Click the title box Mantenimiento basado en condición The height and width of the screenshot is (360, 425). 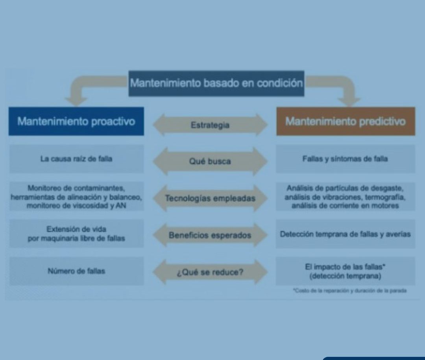click(x=216, y=83)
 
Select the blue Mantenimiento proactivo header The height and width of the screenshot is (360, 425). click(x=76, y=121)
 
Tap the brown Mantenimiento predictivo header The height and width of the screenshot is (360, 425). click(x=346, y=121)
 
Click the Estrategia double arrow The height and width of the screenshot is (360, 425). click(x=210, y=125)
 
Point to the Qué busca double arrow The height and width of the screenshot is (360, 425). click(x=210, y=161)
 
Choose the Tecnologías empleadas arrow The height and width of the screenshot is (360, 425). click(x=210, y=198)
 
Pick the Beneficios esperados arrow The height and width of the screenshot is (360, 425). click(x=210, y=235)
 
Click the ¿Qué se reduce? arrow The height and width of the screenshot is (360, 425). click(x=210, y=272)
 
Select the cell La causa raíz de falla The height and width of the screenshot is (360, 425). click(x=76, y=159)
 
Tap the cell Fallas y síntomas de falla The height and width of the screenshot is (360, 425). click(x=346, y=159)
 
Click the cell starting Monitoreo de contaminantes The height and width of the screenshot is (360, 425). click(x=76, y=197)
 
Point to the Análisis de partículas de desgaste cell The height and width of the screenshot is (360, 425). click(x=346, y=197)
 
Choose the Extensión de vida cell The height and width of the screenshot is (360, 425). click(x=76, y=234)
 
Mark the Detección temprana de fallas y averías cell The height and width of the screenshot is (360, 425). click(x=346, y=234)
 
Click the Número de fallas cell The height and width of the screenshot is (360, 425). click(x=76, y=271)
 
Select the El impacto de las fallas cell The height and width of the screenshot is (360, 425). click(x=346, y=271)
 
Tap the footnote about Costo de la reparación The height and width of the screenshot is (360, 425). click(x=350, y=291)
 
